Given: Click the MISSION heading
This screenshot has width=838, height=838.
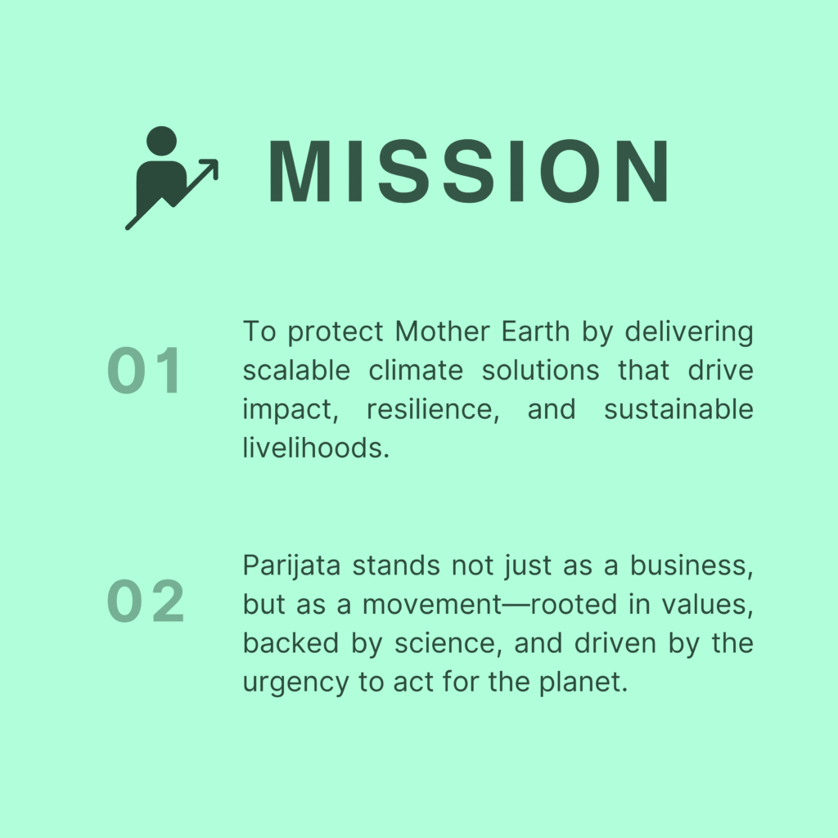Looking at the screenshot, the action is tap(469, 171).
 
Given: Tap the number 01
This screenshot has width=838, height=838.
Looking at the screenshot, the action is tap(144, 370).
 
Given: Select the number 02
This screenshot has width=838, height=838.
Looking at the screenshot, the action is tap(146, 601).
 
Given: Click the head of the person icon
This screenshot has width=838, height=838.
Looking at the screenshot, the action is tap(161, 142).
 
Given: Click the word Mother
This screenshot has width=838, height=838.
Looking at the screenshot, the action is tap(442, 331).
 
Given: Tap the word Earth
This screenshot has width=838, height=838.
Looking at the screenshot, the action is tap(535, 331).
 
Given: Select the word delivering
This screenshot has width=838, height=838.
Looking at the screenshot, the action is tap(689, 332).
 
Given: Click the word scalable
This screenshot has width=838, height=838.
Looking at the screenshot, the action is tap(296, 371).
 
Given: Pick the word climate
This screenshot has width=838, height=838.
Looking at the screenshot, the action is tap(416, 371).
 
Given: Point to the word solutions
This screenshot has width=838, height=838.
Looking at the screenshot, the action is tap(540, 371).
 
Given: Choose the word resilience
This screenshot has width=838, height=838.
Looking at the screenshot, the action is tap(433, 410).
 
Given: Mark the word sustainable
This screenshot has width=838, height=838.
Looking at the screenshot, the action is tap(678, 409).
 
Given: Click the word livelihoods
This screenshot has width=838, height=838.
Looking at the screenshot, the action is tap(317, 448).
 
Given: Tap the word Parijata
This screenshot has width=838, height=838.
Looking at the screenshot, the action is tap(292, 566).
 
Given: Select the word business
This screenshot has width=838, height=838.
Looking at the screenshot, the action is tap(692, 566).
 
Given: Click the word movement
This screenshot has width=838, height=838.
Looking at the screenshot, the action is tap(432, 605).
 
